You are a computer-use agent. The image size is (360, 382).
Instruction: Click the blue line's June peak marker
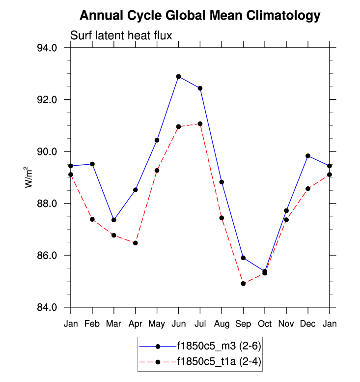[x=179, y=77]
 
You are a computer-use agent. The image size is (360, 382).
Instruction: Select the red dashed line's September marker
[x=243, y=284]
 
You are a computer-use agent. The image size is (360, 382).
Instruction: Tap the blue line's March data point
[x=114, y=220]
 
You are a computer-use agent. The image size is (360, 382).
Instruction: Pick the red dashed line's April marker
[x=135, y=243]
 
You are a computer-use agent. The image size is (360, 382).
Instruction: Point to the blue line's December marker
[x=308, y=156]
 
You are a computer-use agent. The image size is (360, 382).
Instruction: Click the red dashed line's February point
[x=92, y=219]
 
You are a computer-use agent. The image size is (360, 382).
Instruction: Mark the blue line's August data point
[x=222, y=182]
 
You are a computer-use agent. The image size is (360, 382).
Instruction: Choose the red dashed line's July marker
[x=200, y=124]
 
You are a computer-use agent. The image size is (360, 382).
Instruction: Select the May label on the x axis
[x=157, y=324]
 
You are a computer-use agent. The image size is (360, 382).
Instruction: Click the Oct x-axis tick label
[x=265, y=324]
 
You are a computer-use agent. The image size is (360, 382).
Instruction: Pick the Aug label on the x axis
[x=222, y=324]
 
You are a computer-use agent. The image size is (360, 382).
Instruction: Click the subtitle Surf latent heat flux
[x=120, y=35]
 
